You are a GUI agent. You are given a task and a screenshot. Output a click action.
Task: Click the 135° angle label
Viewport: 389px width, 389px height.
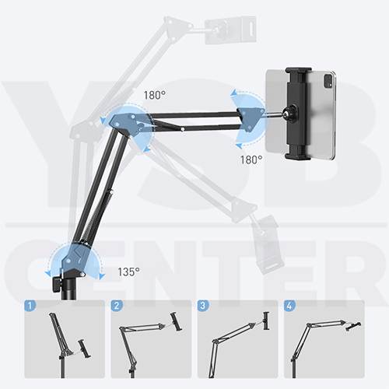pyautogui.click(x=128, y=272)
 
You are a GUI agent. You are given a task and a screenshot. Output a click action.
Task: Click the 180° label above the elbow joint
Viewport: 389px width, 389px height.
pyautogui.click(x=155, y=95)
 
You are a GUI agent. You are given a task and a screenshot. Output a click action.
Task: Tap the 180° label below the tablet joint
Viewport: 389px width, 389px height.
pyautogui.click(x=251, y=159)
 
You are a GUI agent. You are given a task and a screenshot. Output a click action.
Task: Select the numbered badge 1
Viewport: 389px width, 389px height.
pyautogui.click(x=30, y=305)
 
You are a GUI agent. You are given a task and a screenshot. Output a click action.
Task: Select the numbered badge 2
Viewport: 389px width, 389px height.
pyautogui.click(x=117, y=305)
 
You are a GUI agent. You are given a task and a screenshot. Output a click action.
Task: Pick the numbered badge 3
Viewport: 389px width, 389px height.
pyautogui.click(x=203, y=305)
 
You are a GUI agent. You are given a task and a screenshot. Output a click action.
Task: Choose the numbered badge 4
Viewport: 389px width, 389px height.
pyautogui.click(x=289, y=305)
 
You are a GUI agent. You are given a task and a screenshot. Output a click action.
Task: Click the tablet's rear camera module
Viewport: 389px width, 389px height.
pyautogui.click(x=328, y=80)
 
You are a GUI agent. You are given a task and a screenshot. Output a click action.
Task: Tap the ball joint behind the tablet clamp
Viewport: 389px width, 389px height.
pyautogui.click(x=290, y=114)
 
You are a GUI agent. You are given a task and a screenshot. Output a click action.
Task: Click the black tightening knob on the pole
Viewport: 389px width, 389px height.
pyautogui.click(x=56, y=284)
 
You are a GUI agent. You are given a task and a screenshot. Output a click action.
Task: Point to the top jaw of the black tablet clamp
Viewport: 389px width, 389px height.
pyautogui.click(x=298, y=71)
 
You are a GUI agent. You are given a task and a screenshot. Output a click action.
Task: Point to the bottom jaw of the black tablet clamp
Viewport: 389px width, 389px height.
pyautogui.click(x=298, y=156)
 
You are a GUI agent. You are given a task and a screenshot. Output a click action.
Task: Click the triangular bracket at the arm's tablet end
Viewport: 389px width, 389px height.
pyautogui.click(x=251, y=118)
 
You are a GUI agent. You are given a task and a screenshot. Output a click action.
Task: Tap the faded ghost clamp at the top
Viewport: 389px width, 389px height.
pyautogui.click(x=230, y=30)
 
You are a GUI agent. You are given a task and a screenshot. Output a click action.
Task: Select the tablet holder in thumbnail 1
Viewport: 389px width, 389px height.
pyautogui.click(x=85, y=349)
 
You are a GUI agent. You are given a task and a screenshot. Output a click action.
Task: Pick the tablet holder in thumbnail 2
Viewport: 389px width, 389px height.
pyautogui.click(x=176, y=321)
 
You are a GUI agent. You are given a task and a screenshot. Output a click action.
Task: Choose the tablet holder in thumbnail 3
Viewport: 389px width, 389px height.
pyautogui.click(x=266, y=321)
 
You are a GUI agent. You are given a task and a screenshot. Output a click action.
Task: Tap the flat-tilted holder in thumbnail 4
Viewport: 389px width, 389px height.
pyautogui.click(x=353, y=326)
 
